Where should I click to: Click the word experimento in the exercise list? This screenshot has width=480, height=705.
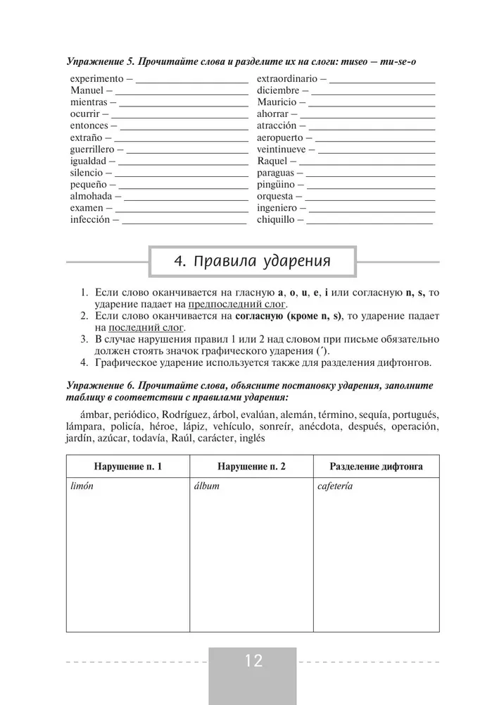(97, 79)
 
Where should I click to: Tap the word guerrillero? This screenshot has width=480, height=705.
(93, 149)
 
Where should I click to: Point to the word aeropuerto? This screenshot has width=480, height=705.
(280, 137)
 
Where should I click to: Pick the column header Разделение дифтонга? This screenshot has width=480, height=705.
(376, 467)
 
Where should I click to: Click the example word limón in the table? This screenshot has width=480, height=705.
(82, 486)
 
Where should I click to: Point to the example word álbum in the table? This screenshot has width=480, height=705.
(206, 486)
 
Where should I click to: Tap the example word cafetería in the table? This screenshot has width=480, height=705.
(335, 486)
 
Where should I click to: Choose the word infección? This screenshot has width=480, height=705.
(91, 220)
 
